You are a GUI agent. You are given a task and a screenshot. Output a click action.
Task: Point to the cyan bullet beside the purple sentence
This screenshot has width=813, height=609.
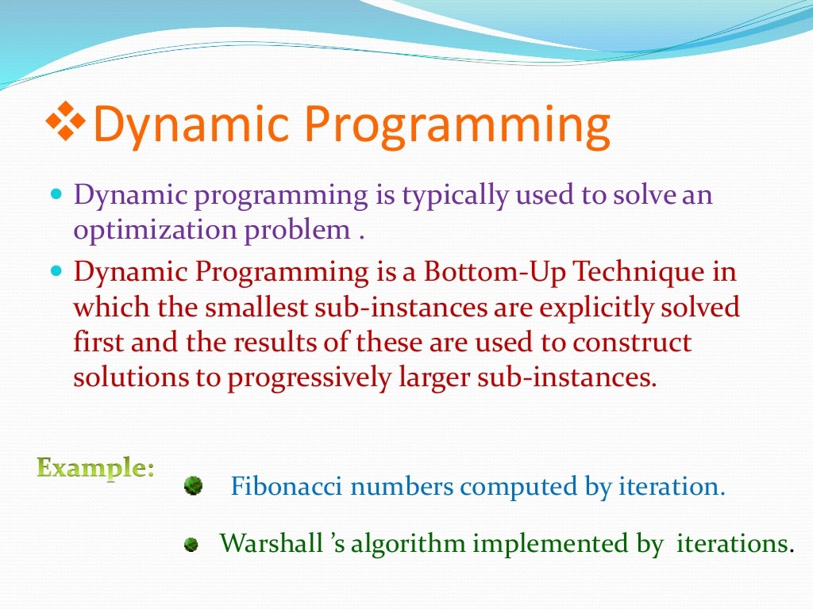[x=56, y=193]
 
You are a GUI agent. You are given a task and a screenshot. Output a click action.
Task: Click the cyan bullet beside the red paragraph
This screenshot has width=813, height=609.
[x=56, y=271]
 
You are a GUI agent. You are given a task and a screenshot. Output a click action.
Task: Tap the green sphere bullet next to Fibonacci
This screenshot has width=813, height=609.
[x=193, y=485]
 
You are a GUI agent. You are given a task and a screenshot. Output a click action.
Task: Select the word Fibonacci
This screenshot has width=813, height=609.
[x=287, y=485]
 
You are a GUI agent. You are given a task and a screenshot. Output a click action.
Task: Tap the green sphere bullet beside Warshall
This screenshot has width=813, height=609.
[x=191, y=545]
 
